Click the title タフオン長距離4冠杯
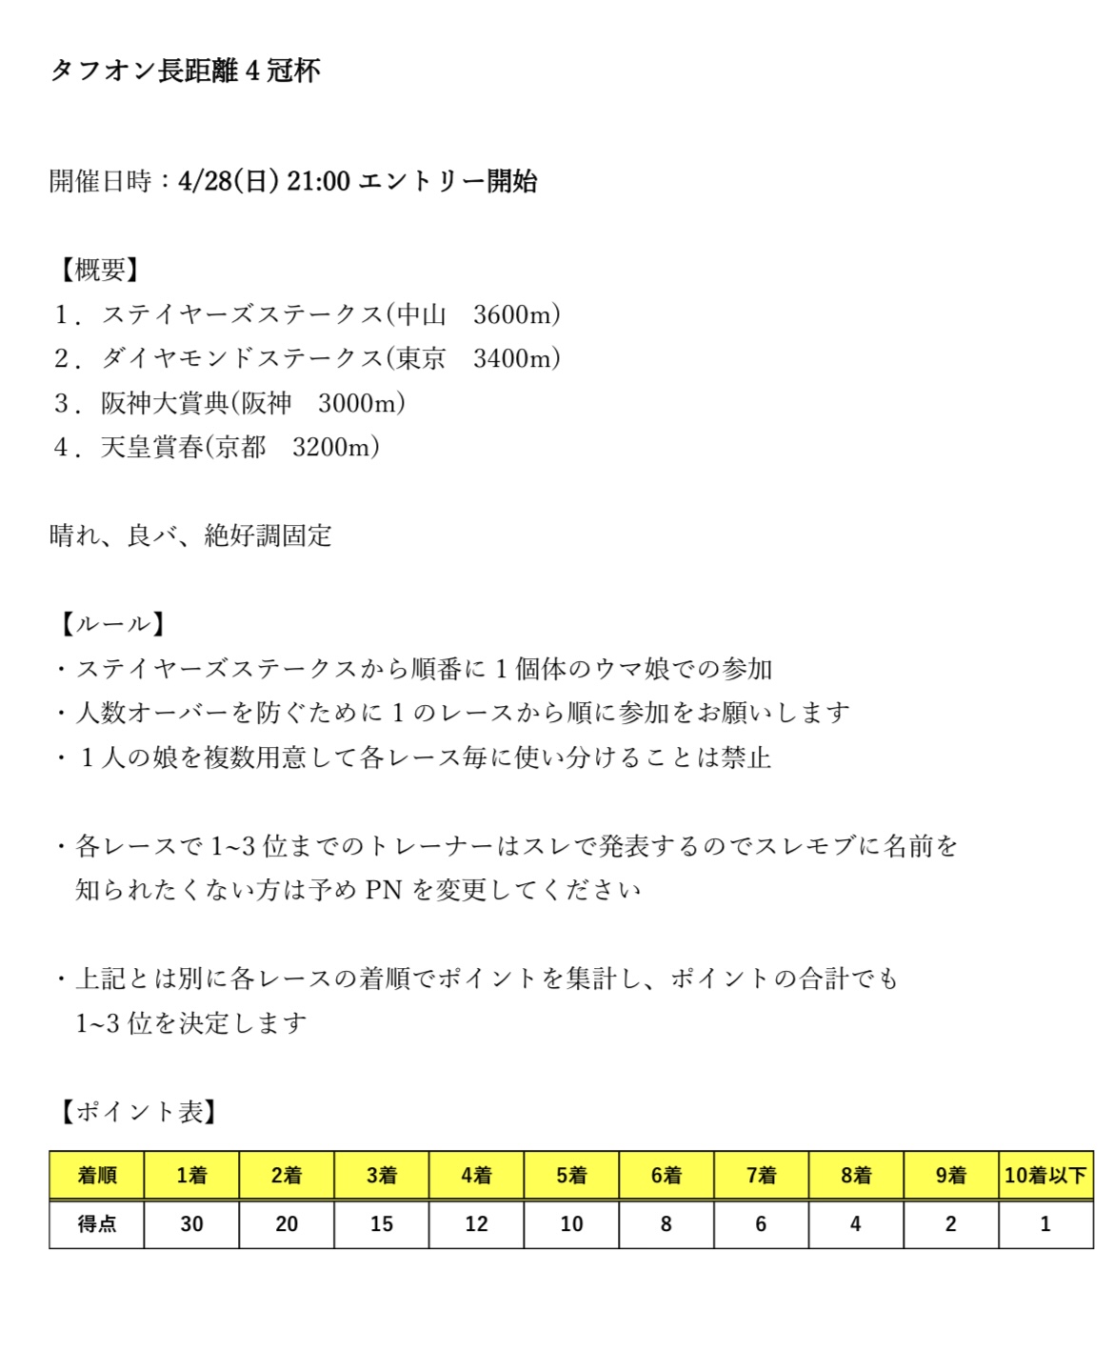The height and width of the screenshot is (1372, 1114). [x=185, y=71]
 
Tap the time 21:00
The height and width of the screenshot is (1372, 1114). [x=318, y=181]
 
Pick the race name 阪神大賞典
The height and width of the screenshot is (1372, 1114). [x=165, y=403]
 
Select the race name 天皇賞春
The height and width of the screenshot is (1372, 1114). [x=151, y=447]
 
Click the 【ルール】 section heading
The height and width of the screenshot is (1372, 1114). [x=112, y=624]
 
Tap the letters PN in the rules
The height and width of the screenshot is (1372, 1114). [x=384, y=890]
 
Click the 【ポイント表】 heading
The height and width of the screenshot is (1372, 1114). [x=138, y=1112]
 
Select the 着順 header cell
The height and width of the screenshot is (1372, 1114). [x=97, y=1175]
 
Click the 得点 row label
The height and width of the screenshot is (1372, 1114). [x=97, y=1224]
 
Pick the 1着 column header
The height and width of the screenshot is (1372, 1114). [x=191, y=1175]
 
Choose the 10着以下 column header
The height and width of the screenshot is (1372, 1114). [x=1045, y=1175]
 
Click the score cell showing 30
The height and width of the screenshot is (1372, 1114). [x=191, y=1224]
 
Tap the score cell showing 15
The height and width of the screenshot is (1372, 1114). [x=381, y=1224]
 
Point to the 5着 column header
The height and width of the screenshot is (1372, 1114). [x=571, y=1175]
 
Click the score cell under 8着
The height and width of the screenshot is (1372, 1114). [x=855, y=1224]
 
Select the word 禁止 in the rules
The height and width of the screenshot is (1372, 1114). [x=746, y=757]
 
